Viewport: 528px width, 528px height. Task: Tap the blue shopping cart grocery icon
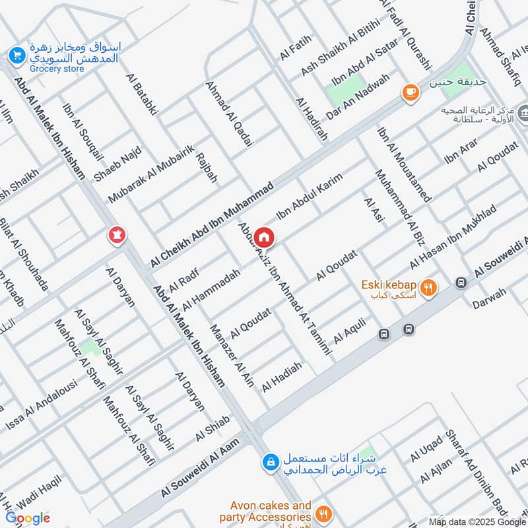(16, 55)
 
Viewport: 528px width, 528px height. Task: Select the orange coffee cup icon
(411, 93)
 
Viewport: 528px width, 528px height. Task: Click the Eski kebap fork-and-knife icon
(429, 288)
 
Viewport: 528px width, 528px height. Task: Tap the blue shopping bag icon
(269, 463)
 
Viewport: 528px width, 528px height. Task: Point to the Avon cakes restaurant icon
(323, 514)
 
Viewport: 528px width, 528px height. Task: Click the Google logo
(28, 518)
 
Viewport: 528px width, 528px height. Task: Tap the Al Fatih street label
(294, 48)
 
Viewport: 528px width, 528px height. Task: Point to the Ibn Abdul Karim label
(310, 197)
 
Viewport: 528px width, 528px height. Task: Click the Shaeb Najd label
(117, 164)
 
